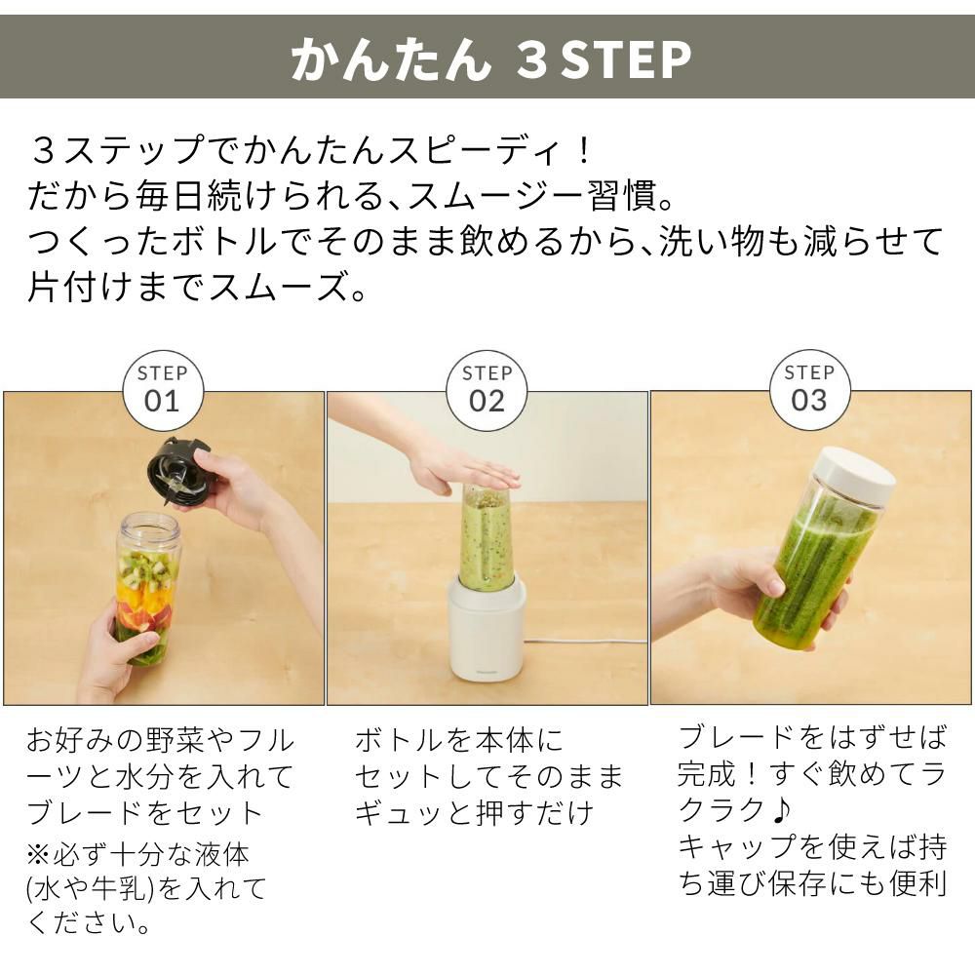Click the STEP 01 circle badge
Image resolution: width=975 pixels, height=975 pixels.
162,390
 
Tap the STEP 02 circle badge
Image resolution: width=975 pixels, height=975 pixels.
486,390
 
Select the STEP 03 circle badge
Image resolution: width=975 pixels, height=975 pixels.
809,390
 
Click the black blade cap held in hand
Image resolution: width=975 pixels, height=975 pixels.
178,473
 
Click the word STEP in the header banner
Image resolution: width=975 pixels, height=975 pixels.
624,59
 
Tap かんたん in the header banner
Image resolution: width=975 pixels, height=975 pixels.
390,59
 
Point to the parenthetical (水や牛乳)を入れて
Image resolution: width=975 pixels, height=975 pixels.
146,888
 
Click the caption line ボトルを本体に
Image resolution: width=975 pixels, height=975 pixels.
458,741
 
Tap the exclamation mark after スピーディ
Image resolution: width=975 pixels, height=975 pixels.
582,151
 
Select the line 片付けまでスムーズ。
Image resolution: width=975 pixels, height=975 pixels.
196,288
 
